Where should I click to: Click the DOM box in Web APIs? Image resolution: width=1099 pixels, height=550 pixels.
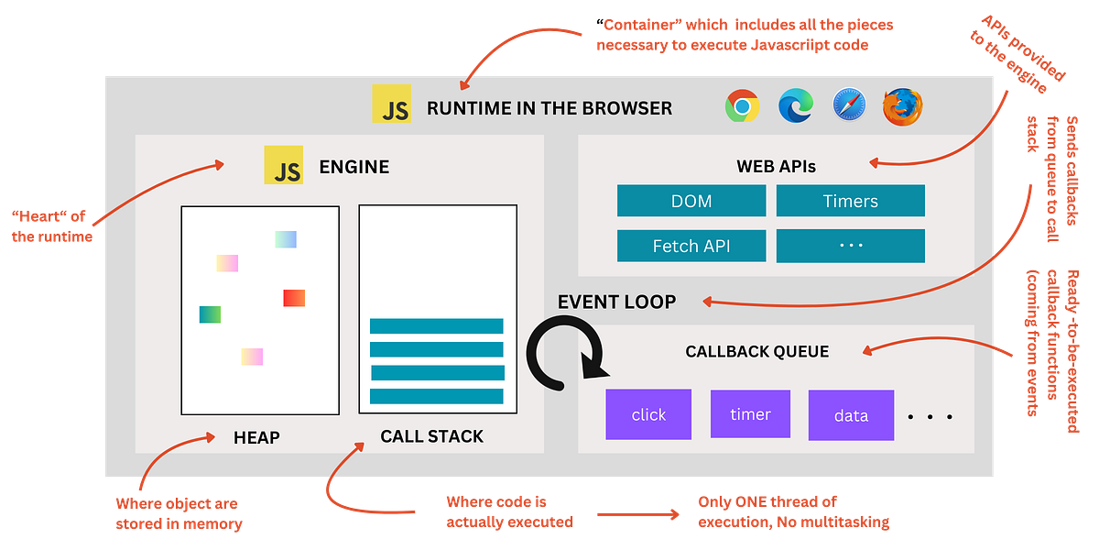(691, 201)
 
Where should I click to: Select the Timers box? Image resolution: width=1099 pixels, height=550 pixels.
(850, 201)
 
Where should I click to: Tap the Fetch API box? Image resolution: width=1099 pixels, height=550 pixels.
(691, 246)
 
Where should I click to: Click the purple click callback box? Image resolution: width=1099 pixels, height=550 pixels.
(648, 414)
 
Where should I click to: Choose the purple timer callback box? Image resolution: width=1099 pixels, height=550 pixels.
(750, 414)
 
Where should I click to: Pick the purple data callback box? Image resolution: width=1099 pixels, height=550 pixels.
(851, 415)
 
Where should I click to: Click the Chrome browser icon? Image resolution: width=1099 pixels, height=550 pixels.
(742, 106)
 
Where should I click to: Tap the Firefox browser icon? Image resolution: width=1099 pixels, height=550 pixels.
(903, 106)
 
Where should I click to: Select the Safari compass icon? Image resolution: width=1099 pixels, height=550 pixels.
(850, 105)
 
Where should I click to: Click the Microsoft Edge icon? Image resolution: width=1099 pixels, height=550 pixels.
(796, 106)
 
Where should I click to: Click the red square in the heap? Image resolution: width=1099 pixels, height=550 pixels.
(294, 298)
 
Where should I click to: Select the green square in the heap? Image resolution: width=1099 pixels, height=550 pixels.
(210, 314)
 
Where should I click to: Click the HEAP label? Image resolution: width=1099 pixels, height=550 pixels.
(256, 438)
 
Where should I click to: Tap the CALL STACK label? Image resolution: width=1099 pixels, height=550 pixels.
(431, 436)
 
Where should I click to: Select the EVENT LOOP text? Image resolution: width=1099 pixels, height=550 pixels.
(616, 302)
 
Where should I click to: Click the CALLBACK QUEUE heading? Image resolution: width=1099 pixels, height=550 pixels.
(756, 351)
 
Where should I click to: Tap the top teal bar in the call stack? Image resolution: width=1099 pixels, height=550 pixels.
(437, 326)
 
